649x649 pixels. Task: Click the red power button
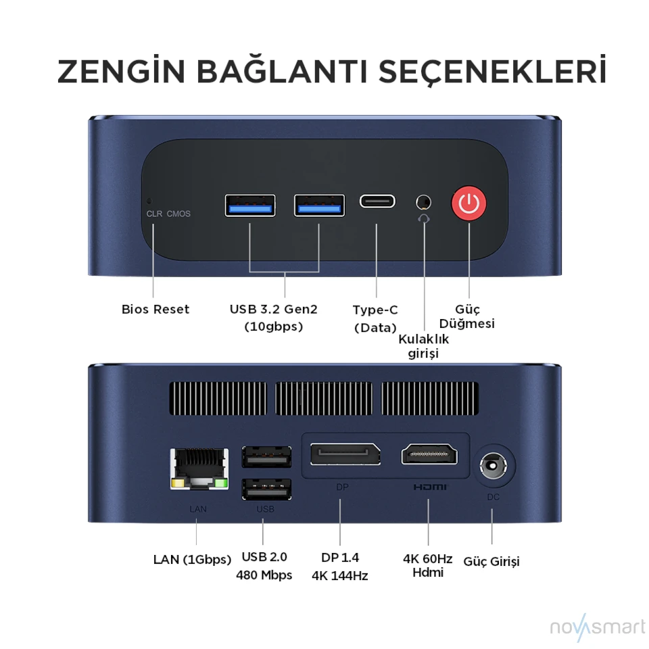click(468, 203)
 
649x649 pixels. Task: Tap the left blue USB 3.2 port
click(250, 206)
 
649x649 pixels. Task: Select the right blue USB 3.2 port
click(319, 206)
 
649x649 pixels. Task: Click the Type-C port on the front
click(377, 201)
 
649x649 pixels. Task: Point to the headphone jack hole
click(423, 202)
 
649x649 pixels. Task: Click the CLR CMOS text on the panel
click(168, 214)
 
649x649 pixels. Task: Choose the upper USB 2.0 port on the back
click(266, 457)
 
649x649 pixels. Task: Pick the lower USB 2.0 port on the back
click(266, 489)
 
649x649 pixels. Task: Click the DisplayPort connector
click(345, 454)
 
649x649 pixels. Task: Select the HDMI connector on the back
click(429, 454)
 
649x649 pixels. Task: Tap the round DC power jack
click(493, 466)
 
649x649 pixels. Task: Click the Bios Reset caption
click(155, 309)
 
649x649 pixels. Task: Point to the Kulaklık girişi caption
click(423, 346)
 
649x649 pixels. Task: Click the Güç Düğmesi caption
click(467, 316)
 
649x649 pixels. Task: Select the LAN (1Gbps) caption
click(192, 560)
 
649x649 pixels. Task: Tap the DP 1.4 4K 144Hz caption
click(340, 567)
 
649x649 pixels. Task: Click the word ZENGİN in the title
click(121, 70)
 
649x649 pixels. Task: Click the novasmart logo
click(597, 627)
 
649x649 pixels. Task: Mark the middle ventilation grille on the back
click(323, 399)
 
